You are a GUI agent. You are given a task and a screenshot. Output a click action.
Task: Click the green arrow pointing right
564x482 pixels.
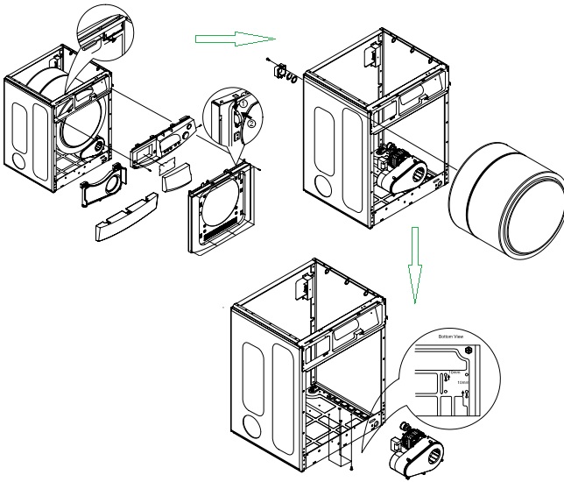226,39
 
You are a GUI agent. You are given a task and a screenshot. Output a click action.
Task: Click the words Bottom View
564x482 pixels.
455,337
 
